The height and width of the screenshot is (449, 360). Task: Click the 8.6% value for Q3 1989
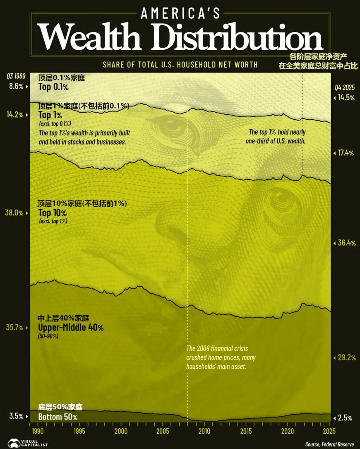pyautogui.click(x=16, y=86)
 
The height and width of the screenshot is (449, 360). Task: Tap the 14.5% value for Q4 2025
pyautogui.click(x=346, y=98)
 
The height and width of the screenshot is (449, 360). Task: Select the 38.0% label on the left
pyautogui.click(x=14, y=213)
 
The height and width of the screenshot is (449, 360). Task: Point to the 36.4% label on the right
pyautogui.click(x=347, y=243)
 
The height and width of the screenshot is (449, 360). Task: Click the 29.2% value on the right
pyautogui.click(x=347, y=357)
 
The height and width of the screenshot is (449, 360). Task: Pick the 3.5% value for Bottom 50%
pyautogui.click(x=16, y=416)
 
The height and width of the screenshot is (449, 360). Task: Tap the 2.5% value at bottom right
pyautogui.click(x=345, y=418)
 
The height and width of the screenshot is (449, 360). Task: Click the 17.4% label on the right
pyautogui.click(x=346, y=153)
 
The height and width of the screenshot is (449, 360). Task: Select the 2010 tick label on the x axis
pyautogui.click(x=204, y=431)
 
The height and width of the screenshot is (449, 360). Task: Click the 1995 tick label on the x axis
pyautogui.click(x=79, y=431)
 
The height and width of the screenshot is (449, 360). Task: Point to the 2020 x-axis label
pyautogui.click(x=288, y=431)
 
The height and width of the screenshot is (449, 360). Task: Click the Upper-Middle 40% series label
pyautogui.click(x=71, y=328)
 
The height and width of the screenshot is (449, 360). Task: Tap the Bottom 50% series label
pyautogui.click(x=58, y=417)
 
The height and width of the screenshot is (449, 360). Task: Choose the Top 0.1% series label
pyautogui.click(x=53, y=87)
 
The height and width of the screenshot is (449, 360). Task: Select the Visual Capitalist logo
pyautogui.click(x=28, y=443)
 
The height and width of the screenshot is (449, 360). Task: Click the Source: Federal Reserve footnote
pyautogui.click(x=329, y=444)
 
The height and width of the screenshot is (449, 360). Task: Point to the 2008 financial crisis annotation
pyautogui.click(x=221, y=357)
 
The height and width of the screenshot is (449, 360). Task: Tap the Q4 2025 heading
pyautogui.click(x=345, y=88)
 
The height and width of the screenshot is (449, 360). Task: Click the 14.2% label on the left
pyautogui.click(x=15, y=115)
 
